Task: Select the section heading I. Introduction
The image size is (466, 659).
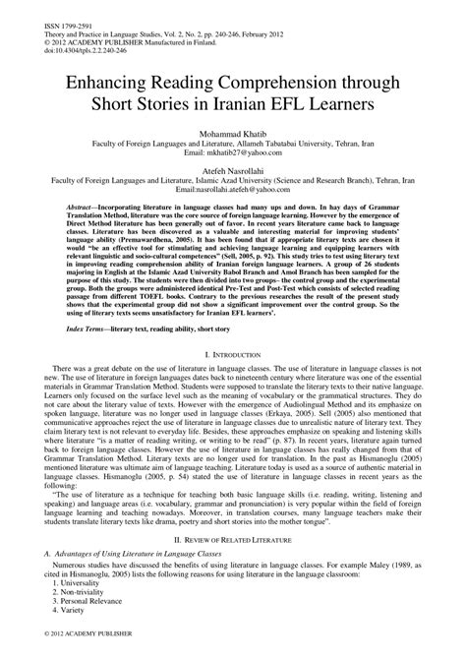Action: [x=232, y=380]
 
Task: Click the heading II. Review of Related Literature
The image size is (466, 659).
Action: [x=232, y=540]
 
